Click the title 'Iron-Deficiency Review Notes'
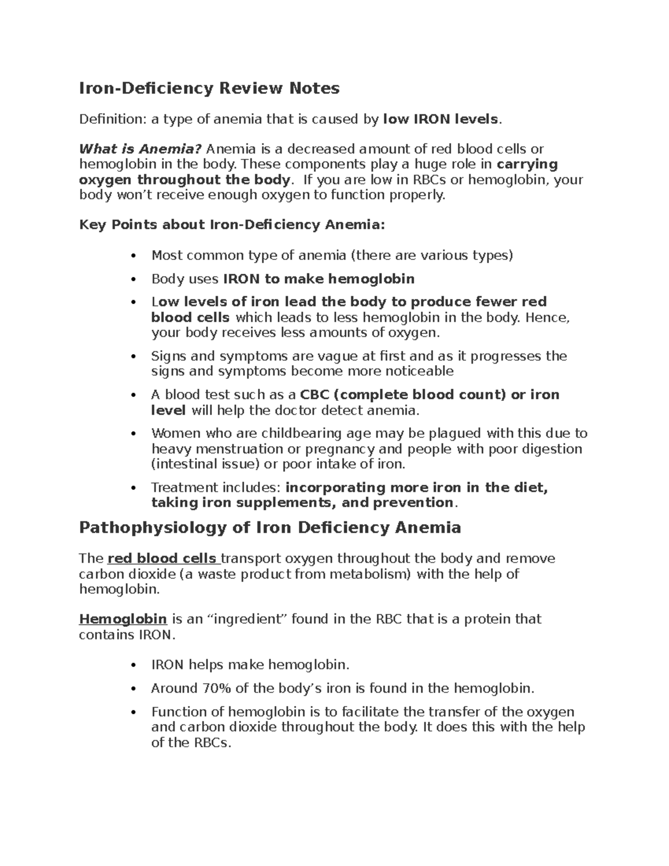(x=209, y=88)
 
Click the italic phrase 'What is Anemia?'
(x=140, y=149)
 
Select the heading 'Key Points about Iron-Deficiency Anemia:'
(x=232, y=225)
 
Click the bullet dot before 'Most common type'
(x=133, y=256)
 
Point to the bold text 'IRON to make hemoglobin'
(x=318, y=279)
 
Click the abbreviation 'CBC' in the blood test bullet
(x=314, y=395)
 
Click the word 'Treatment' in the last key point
(x=185, y=487)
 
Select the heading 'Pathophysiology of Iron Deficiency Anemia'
(x=270, y=528)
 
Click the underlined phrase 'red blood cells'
(x=162, y=559)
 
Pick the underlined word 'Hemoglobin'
(x=123, y=619)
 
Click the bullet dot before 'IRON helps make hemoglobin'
(x=133, y=665)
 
